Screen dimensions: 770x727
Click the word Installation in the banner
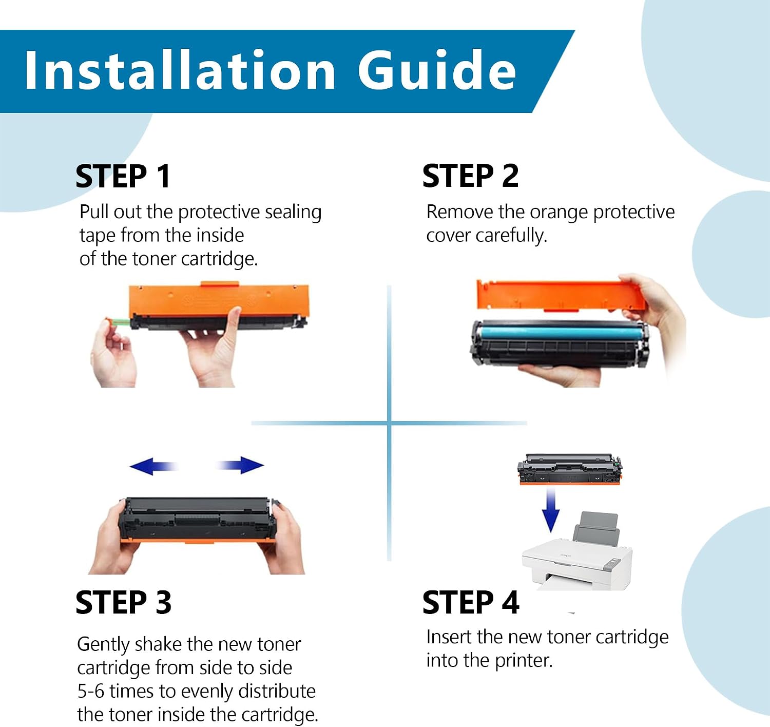180,71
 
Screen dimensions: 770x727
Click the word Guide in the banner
437,71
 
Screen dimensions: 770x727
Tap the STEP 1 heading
123,176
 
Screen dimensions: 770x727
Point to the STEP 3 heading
123,602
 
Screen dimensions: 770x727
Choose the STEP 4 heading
471,602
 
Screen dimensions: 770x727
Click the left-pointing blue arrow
153,466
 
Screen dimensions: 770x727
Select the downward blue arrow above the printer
551,510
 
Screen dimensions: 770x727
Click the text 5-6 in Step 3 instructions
91,691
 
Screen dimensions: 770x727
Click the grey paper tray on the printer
596,529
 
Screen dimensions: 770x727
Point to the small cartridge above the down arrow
570,469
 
